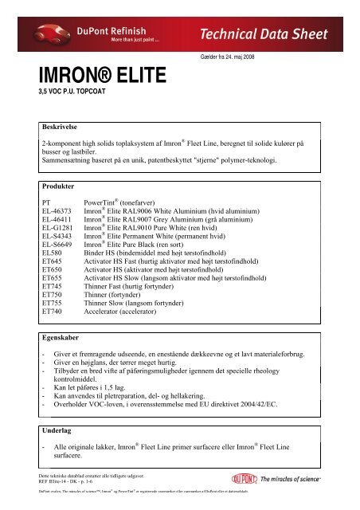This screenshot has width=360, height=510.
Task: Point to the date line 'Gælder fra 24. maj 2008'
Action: tap(237, 58)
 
